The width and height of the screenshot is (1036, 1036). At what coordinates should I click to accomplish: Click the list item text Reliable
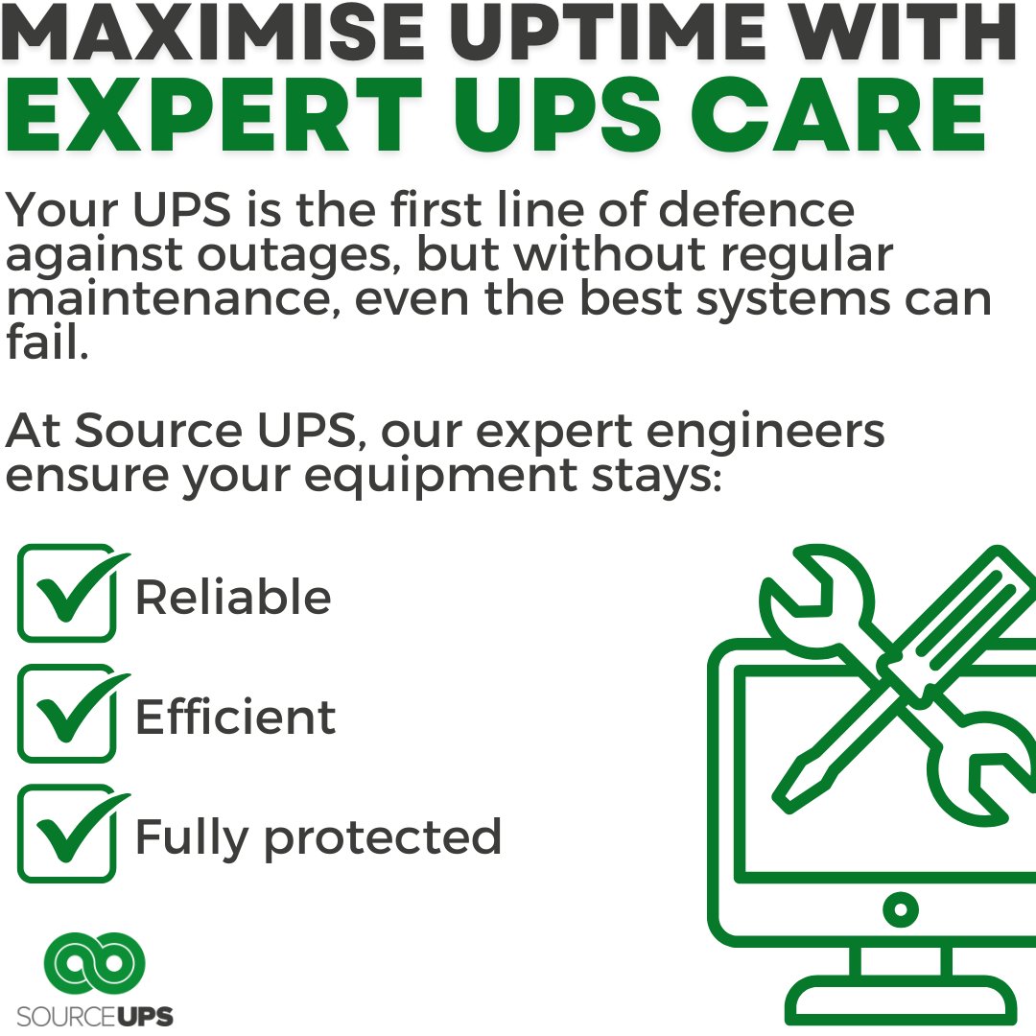coord(233,597)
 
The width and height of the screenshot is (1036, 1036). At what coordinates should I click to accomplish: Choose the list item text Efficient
coord(235,717)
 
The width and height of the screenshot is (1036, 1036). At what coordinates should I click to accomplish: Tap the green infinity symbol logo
coord(96,962)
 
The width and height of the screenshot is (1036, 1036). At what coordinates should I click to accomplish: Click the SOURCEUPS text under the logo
coord(96,1016)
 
